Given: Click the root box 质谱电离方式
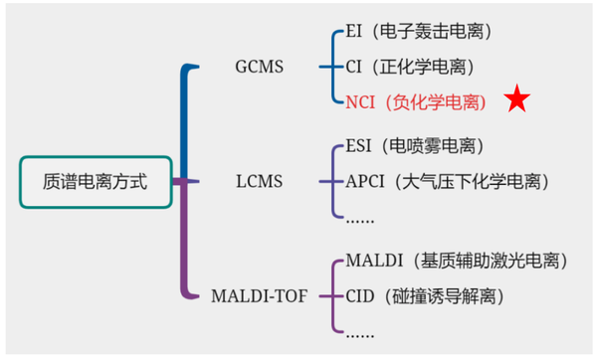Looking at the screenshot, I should [x=95, y=182].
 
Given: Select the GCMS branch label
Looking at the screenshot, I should [x=258, y=68].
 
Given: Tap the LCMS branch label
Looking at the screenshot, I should [x=258, y=182].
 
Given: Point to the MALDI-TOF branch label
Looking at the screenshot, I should [x=260, y=295].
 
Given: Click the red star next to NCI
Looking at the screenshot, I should [x=515, y=100].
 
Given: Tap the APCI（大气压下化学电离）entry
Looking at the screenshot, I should [x=447, y=182].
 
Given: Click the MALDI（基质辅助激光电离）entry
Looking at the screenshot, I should [x=457, y=263].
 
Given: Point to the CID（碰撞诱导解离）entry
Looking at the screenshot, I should [x=425, y=295].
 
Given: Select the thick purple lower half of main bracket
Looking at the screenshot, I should [x=184, y=244].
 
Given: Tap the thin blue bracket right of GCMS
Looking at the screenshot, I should [x=331, y=68].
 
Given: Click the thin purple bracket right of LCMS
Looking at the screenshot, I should [x=331, y=182].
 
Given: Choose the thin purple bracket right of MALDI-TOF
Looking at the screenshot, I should [x=331, y=295].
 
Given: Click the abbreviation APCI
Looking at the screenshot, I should [x=366, y=182].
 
